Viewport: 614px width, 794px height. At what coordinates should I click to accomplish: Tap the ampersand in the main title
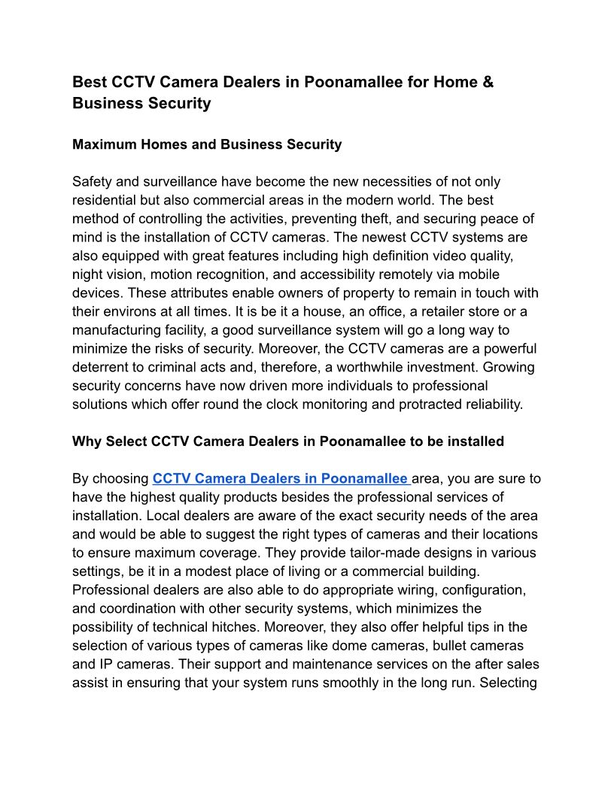coord(488,82)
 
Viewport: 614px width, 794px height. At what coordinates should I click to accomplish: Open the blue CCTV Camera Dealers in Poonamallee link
coord(280,478)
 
